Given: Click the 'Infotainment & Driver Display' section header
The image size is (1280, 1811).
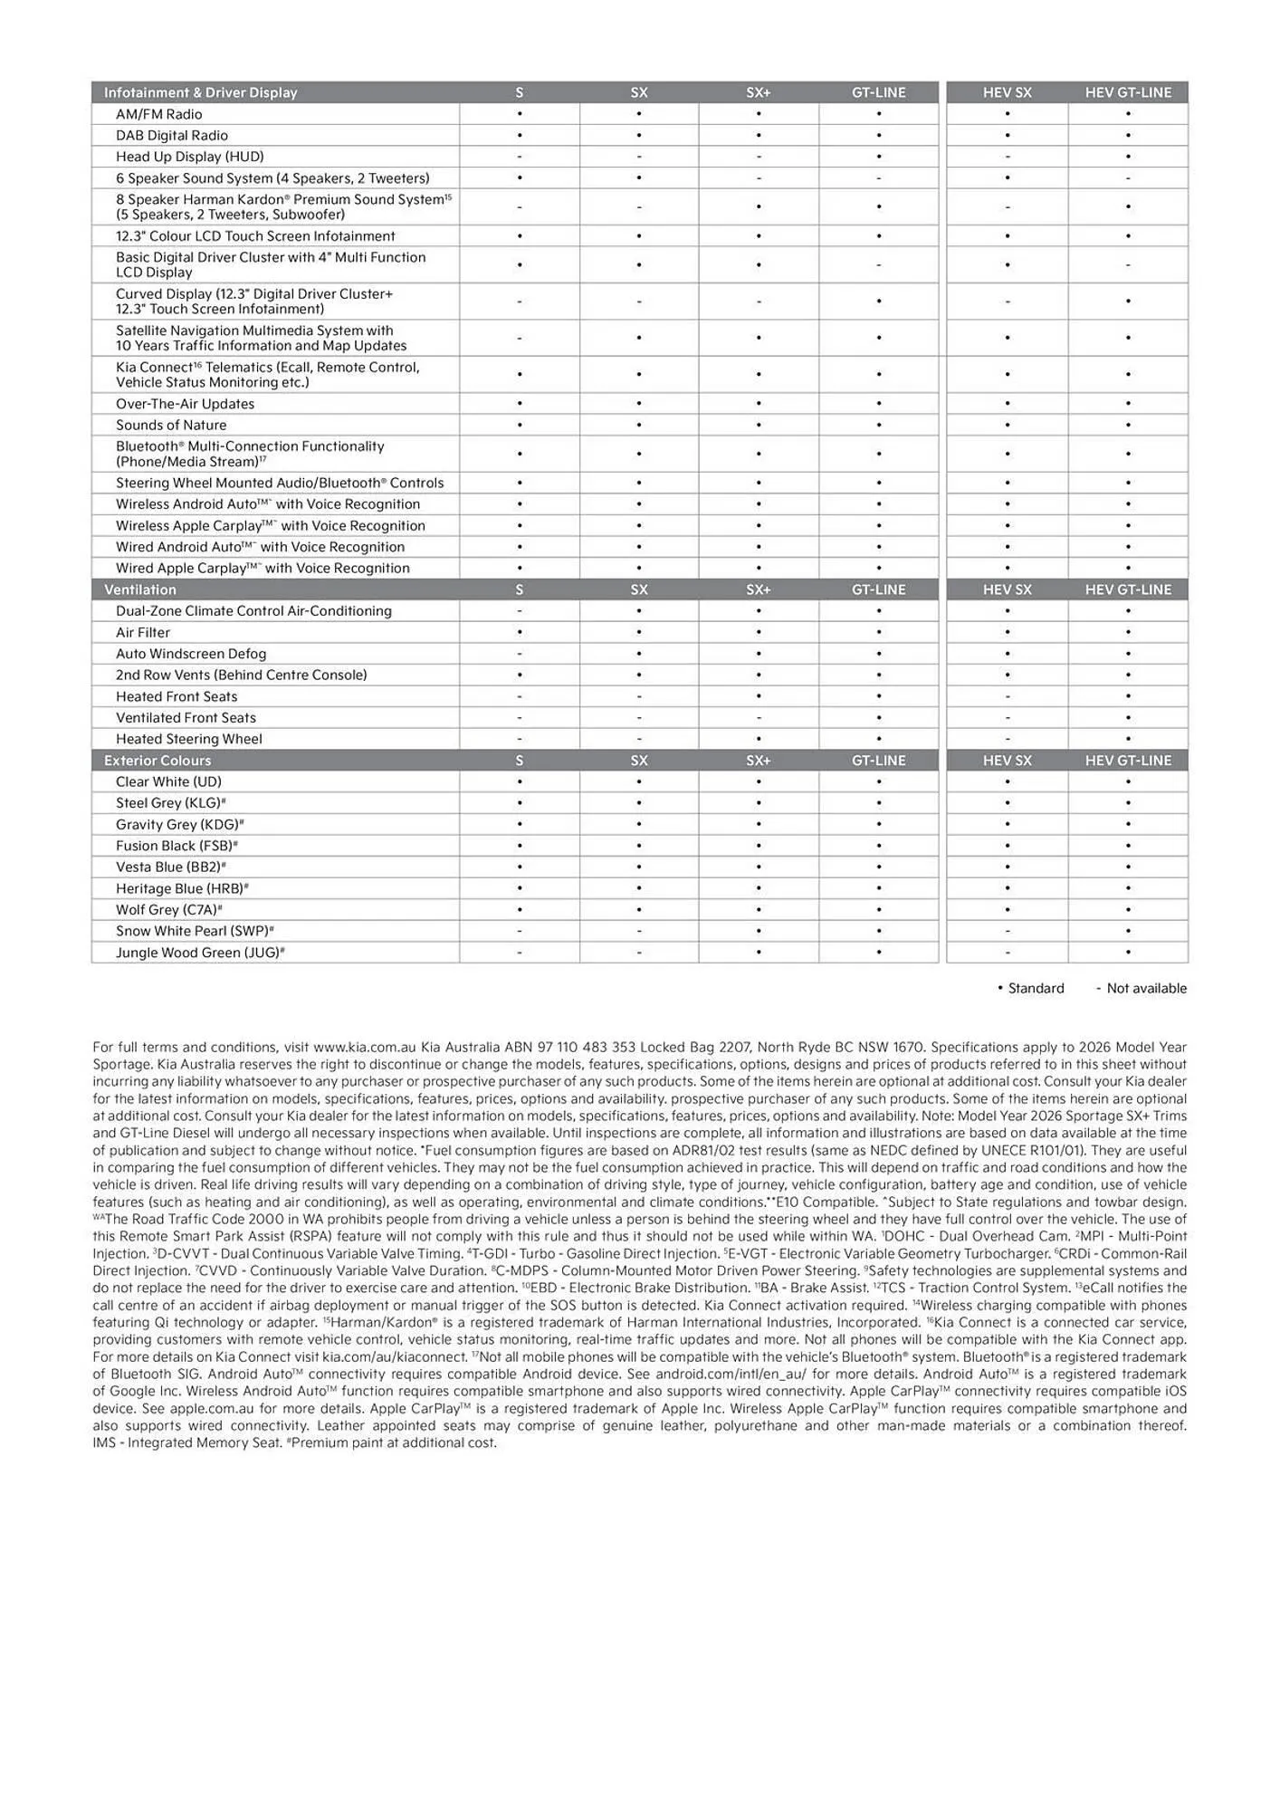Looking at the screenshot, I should [200, 92].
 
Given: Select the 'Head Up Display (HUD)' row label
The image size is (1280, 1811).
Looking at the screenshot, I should [189, 157].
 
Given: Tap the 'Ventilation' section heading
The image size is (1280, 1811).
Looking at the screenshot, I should [140, 589].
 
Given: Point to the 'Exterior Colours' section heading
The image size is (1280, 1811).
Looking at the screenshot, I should [158, 761].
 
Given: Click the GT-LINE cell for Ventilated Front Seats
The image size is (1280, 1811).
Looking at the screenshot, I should [878, 718].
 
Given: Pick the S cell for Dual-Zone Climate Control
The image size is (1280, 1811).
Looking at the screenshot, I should [519, 611].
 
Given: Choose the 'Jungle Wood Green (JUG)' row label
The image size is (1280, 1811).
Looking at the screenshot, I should [199, 953].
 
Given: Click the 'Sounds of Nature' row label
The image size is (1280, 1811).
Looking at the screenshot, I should [171, 426].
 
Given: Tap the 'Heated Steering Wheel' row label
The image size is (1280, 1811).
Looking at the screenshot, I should [188, 739].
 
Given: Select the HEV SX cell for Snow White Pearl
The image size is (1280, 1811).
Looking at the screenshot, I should [1007, 931].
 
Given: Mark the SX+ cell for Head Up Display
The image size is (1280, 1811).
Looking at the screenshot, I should [758, 157].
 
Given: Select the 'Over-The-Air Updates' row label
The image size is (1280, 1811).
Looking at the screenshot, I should [185, 404].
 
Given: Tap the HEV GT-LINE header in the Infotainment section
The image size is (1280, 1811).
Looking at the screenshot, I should [1128, 92].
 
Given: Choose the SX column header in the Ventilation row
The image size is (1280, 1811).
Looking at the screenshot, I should [638, 589].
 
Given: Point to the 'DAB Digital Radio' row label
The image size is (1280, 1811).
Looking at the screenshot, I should [171, 136].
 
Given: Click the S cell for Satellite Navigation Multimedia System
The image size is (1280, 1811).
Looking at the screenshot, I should [519, 338].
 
